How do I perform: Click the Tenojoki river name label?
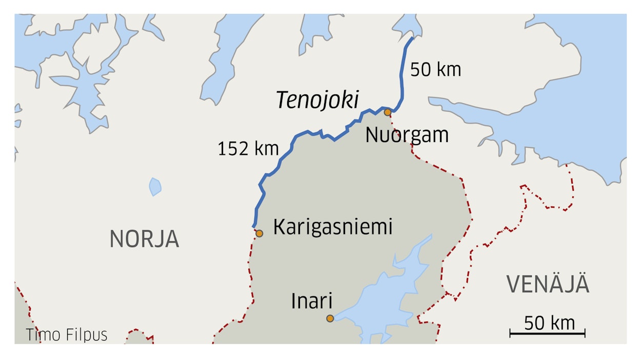[x=317, y=101]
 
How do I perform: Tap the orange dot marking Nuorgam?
[x=388, y=112]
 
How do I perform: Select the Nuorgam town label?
[x=407, y=135]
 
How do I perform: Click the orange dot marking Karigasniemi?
[x=259, y=233]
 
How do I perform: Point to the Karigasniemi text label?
[x=332, y=227]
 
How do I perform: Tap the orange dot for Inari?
[x=330, y=318]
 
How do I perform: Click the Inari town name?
[x=312, y=301]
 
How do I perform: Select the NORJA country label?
[x=144, y=239]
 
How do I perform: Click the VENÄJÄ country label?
[x=548, y=285]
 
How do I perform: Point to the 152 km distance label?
[x=248, y=149]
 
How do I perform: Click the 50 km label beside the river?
[x=435, y=70]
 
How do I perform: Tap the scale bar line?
[x=547, y=334]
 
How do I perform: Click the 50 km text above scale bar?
[x=549, y=323]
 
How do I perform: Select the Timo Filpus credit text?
[x=67, y=335]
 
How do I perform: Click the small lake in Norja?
[x=155, y=187]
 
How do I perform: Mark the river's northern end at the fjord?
[x=412, y=38]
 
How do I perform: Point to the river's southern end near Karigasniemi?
[x=254, y=226]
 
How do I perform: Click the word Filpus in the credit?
[x=87, y=335]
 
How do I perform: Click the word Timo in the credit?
[x=44, y=335]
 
